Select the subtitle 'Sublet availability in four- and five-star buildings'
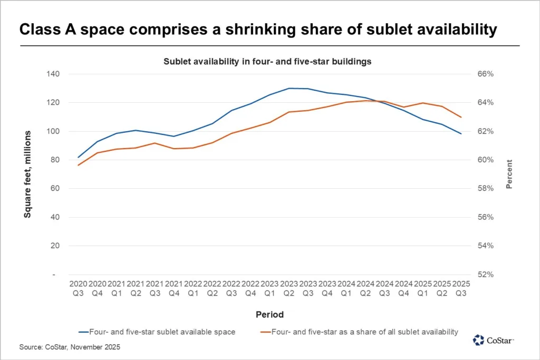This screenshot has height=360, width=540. pos(267,62)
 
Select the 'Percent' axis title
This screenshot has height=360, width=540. pos(509,174)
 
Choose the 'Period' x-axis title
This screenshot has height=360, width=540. pos(269,315)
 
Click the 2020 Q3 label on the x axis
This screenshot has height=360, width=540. pos(78,288)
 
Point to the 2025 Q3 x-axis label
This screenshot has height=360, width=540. pos(461,288)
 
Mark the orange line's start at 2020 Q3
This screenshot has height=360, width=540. pos(78,166)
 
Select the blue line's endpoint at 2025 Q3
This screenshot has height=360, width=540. pos(461,134)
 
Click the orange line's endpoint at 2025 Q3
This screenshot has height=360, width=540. pos(461,117)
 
